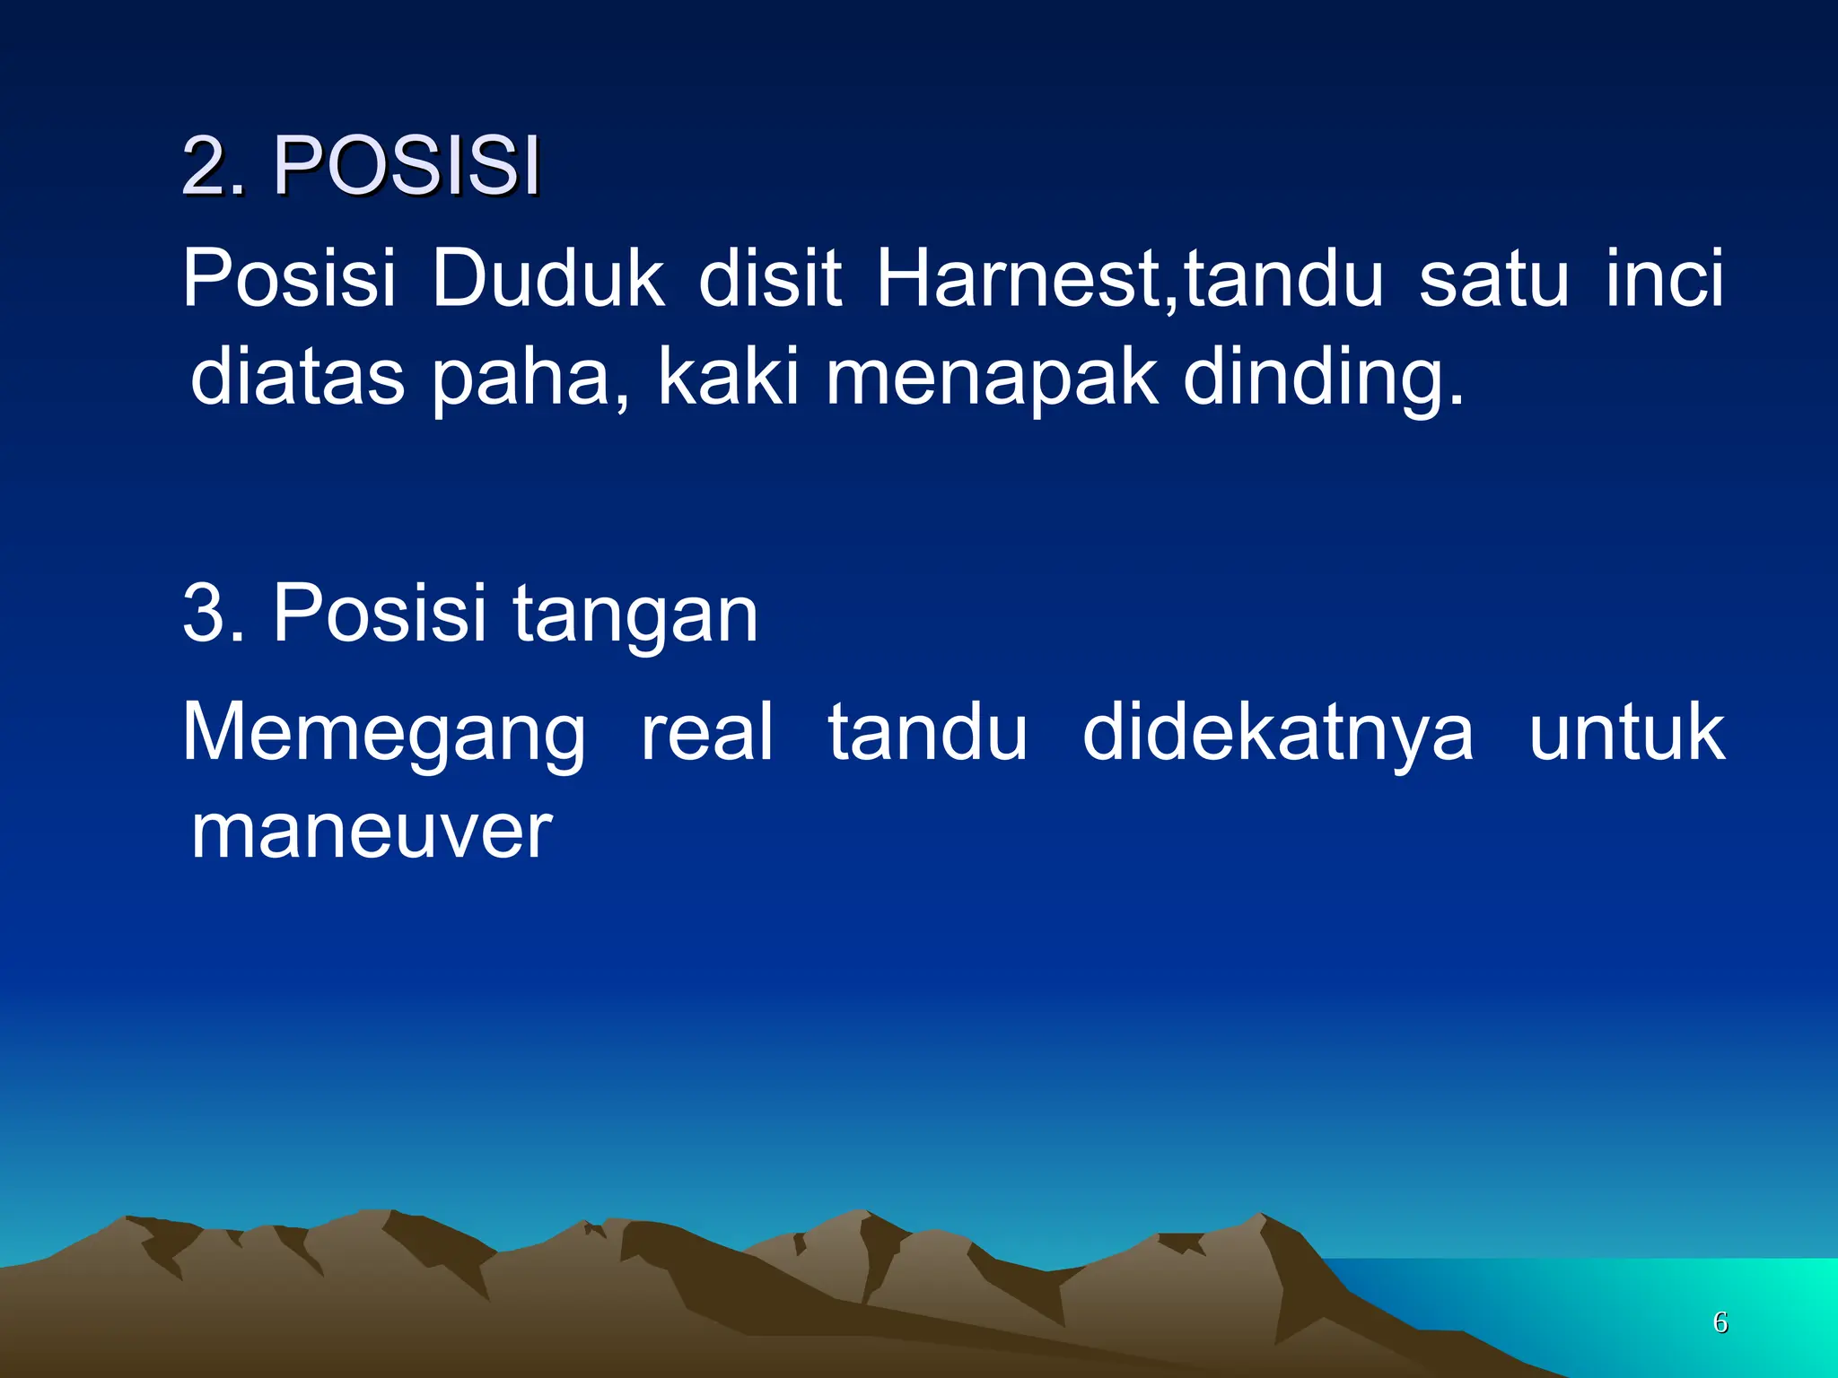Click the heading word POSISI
pos(407,166)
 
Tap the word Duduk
pos(547,278)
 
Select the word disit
pos(770,278)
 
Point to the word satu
pos(1493,278)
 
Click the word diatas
pos(298,377)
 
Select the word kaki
pos(728,377)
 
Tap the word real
pos(706,732)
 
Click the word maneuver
pos(372,831)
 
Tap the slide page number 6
pos(1720,1321)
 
